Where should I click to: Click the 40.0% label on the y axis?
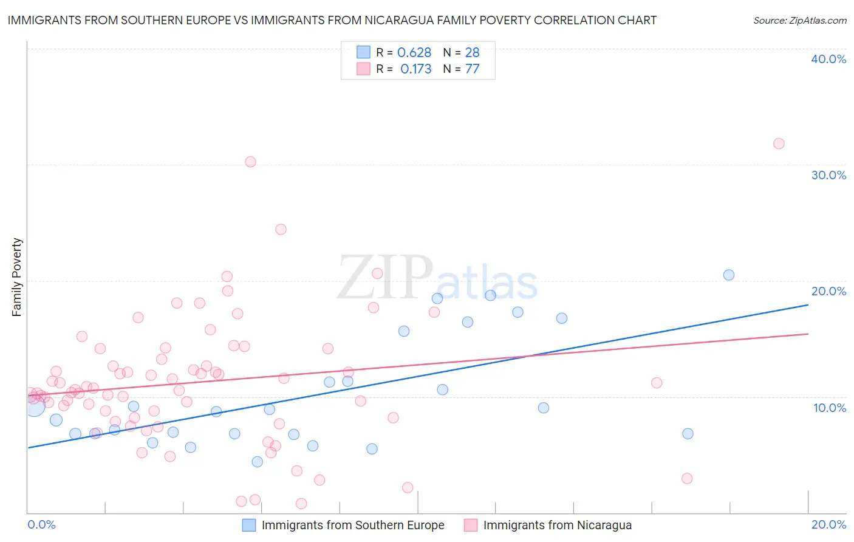[x=828, y=59]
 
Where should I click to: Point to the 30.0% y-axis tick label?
[x=828, y=175]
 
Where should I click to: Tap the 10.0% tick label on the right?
[x=829, y=408]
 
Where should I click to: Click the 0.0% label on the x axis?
[x=41, y=524]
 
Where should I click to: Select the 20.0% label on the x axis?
[x=828, y=524]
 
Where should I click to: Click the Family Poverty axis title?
[x=16, y=277]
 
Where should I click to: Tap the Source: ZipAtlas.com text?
[x=799, y=20]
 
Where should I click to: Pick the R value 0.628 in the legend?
[x=414, y=53]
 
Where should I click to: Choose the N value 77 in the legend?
[x=473, y=69]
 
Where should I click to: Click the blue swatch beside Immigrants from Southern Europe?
[x=249, y=525]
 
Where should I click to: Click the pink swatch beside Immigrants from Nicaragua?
[x=471, y=525]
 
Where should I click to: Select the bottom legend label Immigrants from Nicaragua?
[x=557, y=525]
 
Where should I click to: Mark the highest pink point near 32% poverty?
[x=779, y=144]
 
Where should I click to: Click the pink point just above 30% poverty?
[x=250, y=162]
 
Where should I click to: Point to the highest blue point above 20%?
[x=729, y=275]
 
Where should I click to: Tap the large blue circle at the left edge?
[x=35, y=405]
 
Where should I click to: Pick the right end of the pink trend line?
[x=808, y=334]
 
